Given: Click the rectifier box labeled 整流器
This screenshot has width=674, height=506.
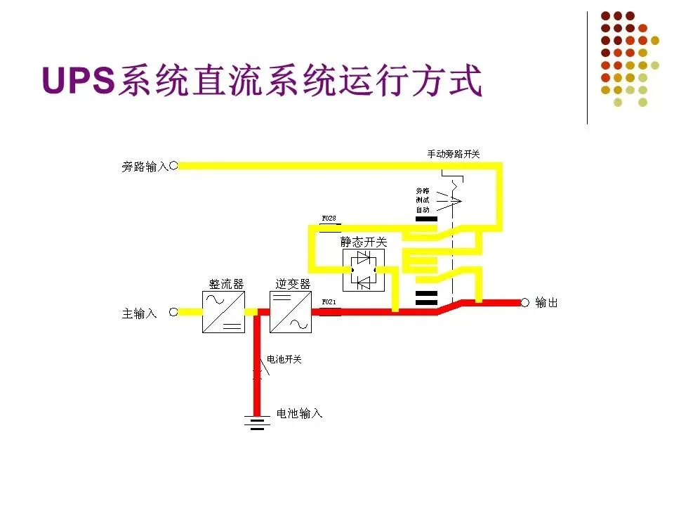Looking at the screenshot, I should click(223, 311).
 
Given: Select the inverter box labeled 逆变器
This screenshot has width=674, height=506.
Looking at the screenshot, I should click(290, 311).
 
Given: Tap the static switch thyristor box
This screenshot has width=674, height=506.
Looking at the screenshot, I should click(363, 270).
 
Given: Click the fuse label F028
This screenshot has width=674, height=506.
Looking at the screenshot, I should click(329, 219).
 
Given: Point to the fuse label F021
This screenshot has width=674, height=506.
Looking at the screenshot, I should click(329, 302).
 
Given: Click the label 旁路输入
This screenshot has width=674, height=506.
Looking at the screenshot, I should click(145, 167).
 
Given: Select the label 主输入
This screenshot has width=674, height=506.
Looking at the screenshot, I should click(140, 313).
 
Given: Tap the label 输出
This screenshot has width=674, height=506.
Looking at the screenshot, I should click(546, 303).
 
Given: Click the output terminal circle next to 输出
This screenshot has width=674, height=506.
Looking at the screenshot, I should click(524, 302).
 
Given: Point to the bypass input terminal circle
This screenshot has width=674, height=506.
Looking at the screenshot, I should click(173, 166).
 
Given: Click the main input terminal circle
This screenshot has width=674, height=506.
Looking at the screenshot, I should click(173, 311).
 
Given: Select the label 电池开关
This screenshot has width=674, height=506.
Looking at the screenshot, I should click(284, 360).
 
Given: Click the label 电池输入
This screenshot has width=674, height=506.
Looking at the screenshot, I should click(300, 413).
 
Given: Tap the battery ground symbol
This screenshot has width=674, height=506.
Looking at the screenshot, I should click(257, 423).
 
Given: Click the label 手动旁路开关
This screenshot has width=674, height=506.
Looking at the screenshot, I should click(454, 154).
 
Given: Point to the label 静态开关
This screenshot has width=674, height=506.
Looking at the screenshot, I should click(364, 242).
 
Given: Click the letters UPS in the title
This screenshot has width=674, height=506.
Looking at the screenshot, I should click(79, 81).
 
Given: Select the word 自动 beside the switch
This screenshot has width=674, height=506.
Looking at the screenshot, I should click(422, 210).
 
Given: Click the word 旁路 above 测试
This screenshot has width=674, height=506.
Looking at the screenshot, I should click(422, 190).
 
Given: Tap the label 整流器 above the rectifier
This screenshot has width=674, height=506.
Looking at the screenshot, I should click(226, 284).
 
